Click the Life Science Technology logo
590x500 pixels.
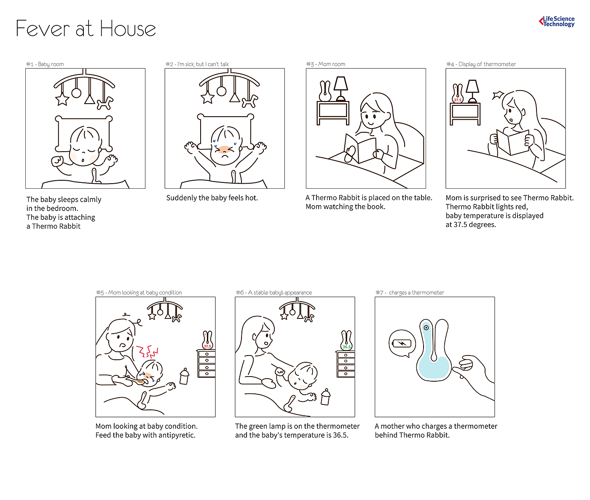click(x=557, y=21)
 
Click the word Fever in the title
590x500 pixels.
click(x=43, y=29)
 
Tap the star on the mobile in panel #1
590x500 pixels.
click(x=62, y=99)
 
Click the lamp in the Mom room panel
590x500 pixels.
click(x=341, y=88)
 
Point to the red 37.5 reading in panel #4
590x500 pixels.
click(x=458, y=100)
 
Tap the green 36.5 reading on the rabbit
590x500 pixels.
click(x=346, y=347)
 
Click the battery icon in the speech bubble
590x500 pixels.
click(x=402, y=343)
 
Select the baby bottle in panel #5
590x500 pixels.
click(x=185, y=376)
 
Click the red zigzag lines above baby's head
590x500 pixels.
click(x=147, y=352)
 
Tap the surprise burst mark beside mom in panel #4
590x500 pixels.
click(x=498, y=95)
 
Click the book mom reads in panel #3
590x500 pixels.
click(x=360, y=148)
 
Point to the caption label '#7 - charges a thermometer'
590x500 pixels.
click(x=410, y=292)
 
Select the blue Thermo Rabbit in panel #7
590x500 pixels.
click(x=434, y=350)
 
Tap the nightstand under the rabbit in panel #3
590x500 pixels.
click(x=333, y=113)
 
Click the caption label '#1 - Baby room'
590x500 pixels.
click(x=45, y=64)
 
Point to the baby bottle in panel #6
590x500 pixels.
click(x=325, y=397)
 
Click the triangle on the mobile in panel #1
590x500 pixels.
click(x=90, y=99)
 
